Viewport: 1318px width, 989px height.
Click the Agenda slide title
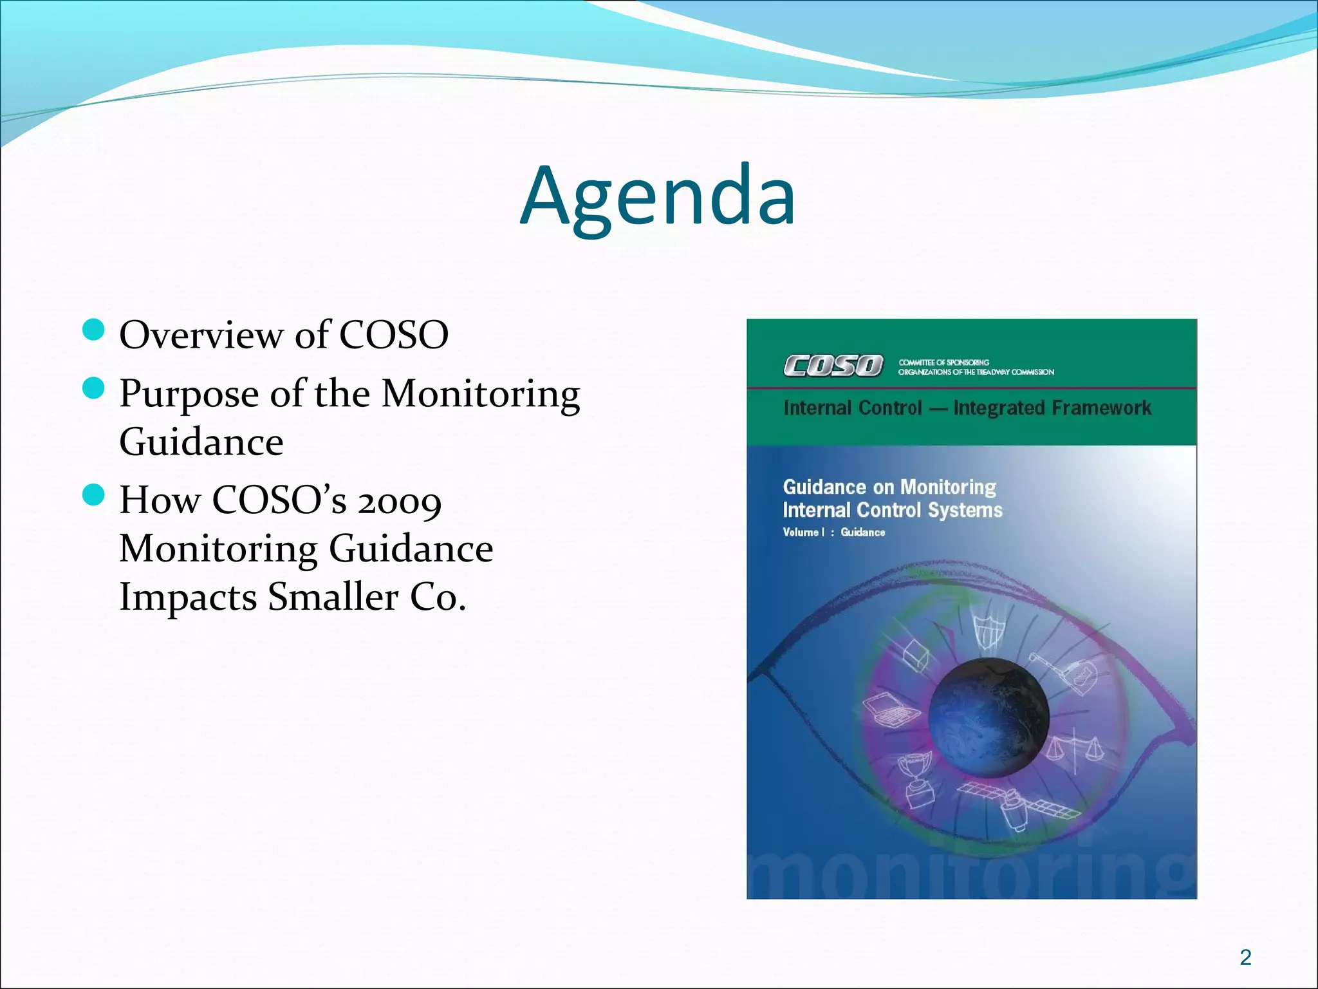point(658,196)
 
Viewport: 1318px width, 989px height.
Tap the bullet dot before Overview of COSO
point(94,331)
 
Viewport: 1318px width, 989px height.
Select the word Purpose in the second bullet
point(189,394)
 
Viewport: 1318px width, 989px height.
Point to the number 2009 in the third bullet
point(400,501)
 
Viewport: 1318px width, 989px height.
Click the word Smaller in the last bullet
point(333,596)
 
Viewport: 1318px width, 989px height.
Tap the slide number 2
point(1245,957)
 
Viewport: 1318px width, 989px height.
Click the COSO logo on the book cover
point(833,366)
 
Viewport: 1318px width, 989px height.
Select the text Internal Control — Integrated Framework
point(967,408)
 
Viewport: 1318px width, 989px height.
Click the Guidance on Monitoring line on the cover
point(889,487)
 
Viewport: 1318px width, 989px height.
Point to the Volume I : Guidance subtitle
point(833,532)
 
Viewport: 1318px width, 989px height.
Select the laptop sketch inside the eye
point(891,711)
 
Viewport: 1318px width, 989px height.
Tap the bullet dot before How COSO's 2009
point(94,495)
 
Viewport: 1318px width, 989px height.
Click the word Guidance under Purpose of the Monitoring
point(201,443)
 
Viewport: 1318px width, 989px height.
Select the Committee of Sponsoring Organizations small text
point(976,367)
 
